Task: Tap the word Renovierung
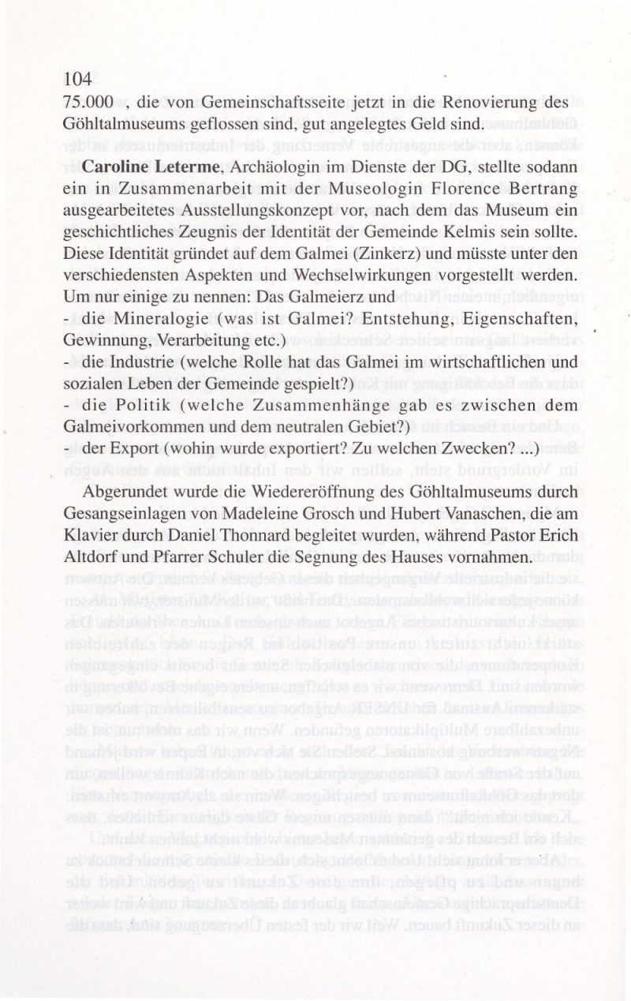(486, 103)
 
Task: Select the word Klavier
(90, 535)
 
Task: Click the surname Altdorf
(96, 557)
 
